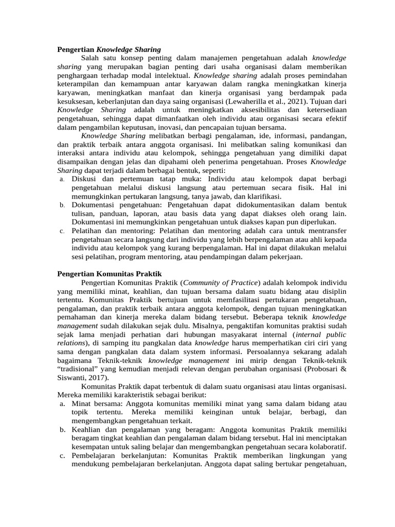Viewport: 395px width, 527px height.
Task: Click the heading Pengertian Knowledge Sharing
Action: point(109,49)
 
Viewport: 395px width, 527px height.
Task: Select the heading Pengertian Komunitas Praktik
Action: point(109,274)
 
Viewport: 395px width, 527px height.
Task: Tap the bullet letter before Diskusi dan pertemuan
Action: point(61,179)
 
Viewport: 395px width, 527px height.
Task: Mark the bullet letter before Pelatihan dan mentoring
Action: point(61,231)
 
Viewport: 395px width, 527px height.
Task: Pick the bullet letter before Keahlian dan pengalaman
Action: point(61,429)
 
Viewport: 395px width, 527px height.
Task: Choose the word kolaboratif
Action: point(326,447)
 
